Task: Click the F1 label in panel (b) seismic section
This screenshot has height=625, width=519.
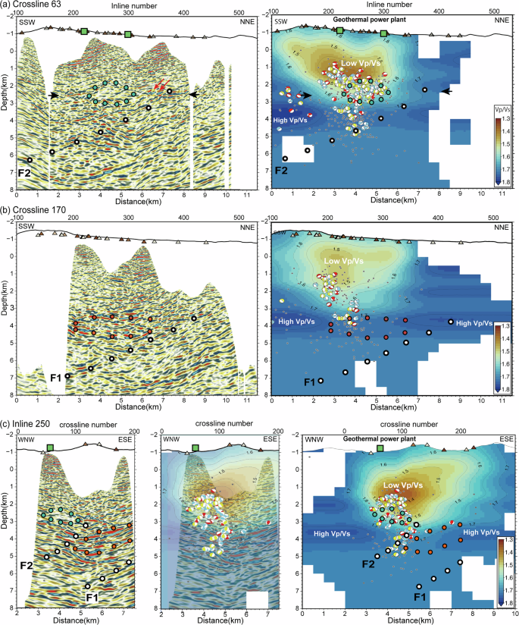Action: pos(55,376)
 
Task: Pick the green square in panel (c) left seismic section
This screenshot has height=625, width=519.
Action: pos(50,448)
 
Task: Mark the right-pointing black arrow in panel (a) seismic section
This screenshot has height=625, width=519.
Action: pos(54,96)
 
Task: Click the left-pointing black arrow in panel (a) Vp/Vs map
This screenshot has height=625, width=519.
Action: pos(449,91)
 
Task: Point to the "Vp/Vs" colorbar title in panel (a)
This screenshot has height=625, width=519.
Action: pos(502,108)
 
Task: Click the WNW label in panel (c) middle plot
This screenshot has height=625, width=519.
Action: pos(172,438)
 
